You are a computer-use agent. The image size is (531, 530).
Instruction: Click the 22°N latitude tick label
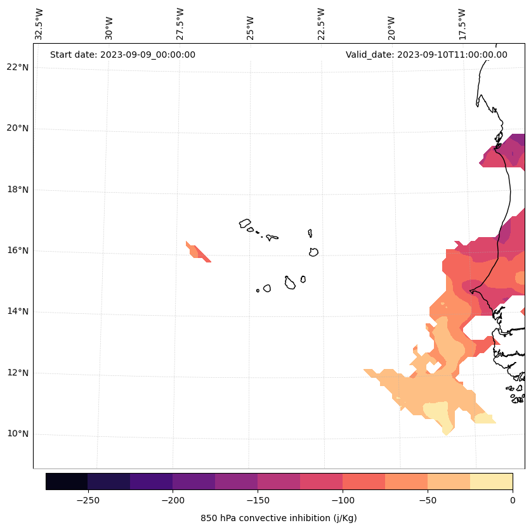pos(18,67)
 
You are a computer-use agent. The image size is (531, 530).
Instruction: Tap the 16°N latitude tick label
pos(18,250)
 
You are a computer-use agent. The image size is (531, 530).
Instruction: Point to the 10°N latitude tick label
pos(18,434)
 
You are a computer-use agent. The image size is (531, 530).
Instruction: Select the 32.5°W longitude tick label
pos(39,24)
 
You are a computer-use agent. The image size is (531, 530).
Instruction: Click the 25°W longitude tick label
pos(251,24)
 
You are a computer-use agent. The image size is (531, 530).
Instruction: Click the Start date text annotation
pos(122,55)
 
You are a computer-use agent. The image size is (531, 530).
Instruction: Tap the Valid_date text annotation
pos(426,55)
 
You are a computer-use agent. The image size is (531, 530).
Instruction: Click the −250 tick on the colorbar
pos(88,500)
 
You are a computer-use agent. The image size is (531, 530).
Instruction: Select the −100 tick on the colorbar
pos(343,500)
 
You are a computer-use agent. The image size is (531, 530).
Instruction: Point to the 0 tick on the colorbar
pos(512,500)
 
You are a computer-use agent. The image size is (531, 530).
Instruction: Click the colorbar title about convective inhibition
pos(279,518)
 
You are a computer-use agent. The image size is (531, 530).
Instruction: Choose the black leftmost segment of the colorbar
pos(67,481)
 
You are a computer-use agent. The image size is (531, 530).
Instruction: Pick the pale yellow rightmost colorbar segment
pos(491,481)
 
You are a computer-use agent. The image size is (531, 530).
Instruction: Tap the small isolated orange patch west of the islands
pos(197,252)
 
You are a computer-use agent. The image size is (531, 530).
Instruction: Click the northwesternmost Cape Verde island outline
pos(245,223)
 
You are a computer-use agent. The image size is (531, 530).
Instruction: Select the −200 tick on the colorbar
pos(173,500)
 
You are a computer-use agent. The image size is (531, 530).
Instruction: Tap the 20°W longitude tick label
pos(391,24)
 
